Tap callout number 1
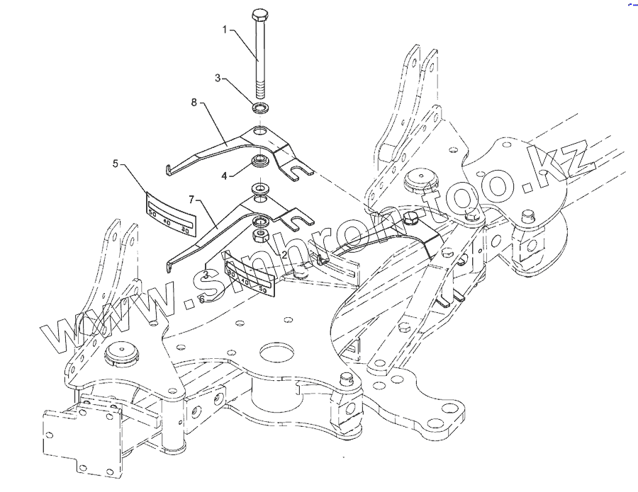(x=225, y=30)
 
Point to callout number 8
(x=194, y=103)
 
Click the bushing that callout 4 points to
(x=259, y=160)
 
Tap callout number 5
(x=116, y=164)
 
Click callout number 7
(x=191, y=200)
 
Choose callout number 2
(x=284, y=254)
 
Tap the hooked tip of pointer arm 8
(x=167, y=169)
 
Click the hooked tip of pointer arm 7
(x=169, y=268)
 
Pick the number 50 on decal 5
(x=151, y=211)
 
